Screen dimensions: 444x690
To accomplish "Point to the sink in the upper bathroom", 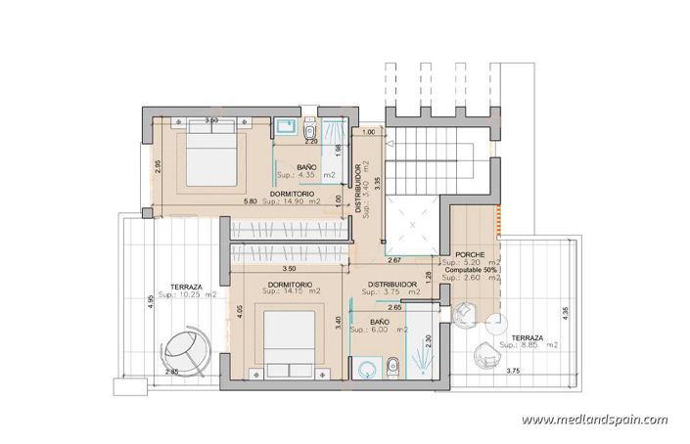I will (x=285, y=126).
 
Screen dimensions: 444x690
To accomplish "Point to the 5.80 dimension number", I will (x=251, y=201).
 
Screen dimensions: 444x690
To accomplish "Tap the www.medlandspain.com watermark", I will (x=595, y=420).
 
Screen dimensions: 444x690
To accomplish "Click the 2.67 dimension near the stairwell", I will (x=395, y=261).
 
